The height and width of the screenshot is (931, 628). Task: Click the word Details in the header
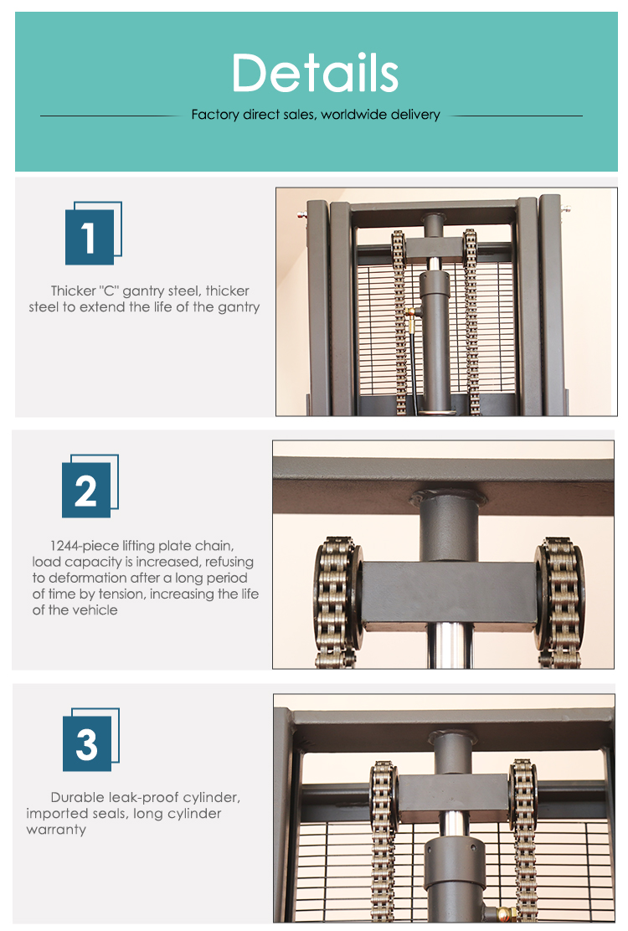pyautogui.click(x=315, y=73)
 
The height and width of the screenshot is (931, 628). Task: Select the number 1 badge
pyautogui.click(x=93, y=234)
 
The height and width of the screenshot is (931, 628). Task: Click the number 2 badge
pyautogui.click(x=90, y=486)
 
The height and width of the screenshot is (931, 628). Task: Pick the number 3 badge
pyautogui.click(x=90, y=740)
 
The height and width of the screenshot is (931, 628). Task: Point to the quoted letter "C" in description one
pyautogui.click(x=109, y=291)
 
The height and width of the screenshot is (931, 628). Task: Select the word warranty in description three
pyautogui.click(x=56, y=830)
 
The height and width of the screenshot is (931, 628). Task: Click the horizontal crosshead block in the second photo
pyautogui.click(x=450, y=594)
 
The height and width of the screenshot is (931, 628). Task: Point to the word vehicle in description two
pyautogui.click(x=94, y=610)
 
